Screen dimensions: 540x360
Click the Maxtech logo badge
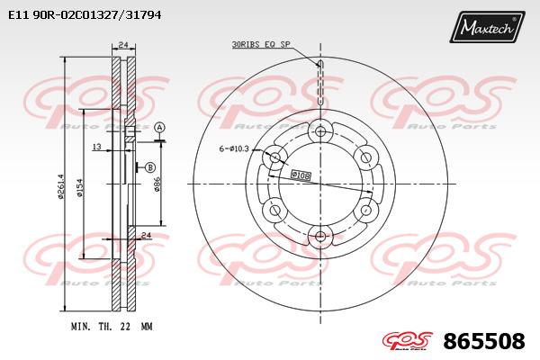pos(487,26)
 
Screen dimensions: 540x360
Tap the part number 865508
pos(484,341)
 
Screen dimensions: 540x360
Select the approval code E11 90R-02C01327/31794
pos(85,14)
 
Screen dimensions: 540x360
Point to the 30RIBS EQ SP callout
pos(261,44)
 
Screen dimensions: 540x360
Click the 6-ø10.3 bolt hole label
pos(234,148)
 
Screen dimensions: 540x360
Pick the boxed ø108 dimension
pos(301,175)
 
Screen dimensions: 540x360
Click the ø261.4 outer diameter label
pos(61,186)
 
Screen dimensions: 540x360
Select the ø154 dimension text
pos(80,188)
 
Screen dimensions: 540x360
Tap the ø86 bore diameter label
pos(157,184)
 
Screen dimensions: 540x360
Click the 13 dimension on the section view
pos(97,147)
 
